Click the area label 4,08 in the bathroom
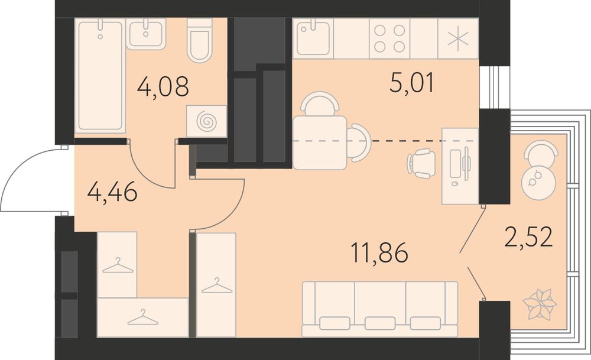pyautogui.click(x=163, y=86)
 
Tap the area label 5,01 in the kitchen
pyautogui.click(x=412, y=83)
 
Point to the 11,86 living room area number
pyautogui.click(x=379, y=252)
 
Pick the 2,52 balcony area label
pyautogui.click(x=528, y=236)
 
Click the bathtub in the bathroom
pyautogui.click(x=100, y=76)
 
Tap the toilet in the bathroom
pyautogui.click(x=199, y=41)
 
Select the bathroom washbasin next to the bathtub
pyautogui.click(x=146, y=34)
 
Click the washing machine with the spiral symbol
pyautogui.click(x=206, y=121)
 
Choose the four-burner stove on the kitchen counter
pyautogui.click(x=389, y=38)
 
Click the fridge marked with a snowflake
pyautogui.click(x=458, y=38)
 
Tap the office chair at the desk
pyautogui.click(x=421, y=164)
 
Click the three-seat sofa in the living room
pyautogui.click(x=380, y=309)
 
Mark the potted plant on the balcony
pyautogui.click(x=540, y=304)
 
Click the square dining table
pyautogui.click(x=320, y=143)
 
